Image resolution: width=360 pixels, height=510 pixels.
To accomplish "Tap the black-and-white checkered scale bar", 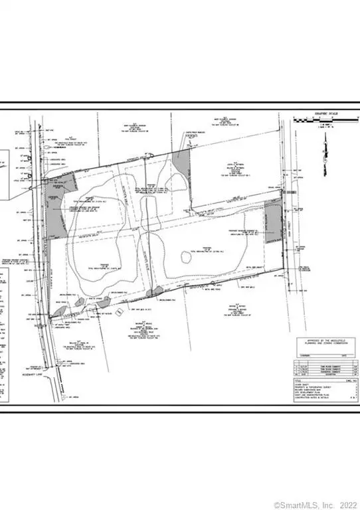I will point(325,120).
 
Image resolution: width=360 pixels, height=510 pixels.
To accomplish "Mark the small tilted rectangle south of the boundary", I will point(118,311).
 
